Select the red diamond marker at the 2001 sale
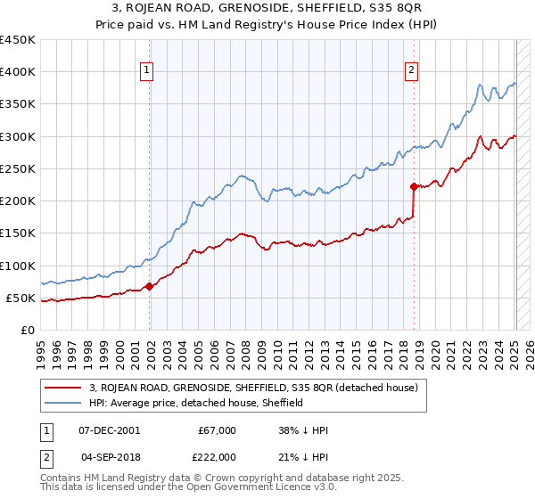pyautogui.click(x=149, y=286)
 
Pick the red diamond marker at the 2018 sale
pyautogui.click(x=414, y=186)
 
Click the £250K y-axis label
pyautogui.click(x=19, y=168)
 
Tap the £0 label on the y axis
pyautogui.click(x=27, y=330)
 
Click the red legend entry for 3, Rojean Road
pyautogui.click(x=259, y=388)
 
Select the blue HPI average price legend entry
pyautogui.click(x=196, y=403)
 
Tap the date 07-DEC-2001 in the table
pyautogui.click(x=109, y=430)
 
